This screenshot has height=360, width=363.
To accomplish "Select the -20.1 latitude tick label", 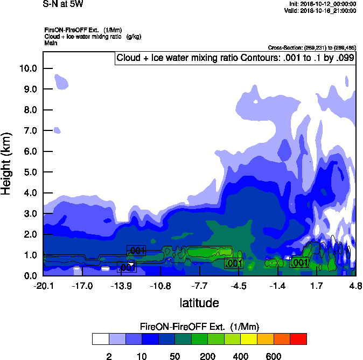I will (x=43, y=285).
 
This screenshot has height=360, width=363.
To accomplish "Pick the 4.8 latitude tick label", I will (x=355, y=285).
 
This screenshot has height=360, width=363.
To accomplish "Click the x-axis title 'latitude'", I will (x=199, y=303).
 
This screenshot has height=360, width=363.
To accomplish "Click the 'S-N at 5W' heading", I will (x=63, y=4).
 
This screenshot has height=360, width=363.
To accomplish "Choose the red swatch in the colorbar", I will (x=298, y=339).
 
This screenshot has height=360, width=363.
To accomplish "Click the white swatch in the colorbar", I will (x=100, y=339).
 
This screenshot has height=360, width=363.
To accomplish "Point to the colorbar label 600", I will (x=274, y=357).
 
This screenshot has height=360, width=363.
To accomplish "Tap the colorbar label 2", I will (x=109, y=357).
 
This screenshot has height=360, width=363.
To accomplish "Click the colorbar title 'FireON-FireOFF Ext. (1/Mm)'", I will (x=199, y=327).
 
